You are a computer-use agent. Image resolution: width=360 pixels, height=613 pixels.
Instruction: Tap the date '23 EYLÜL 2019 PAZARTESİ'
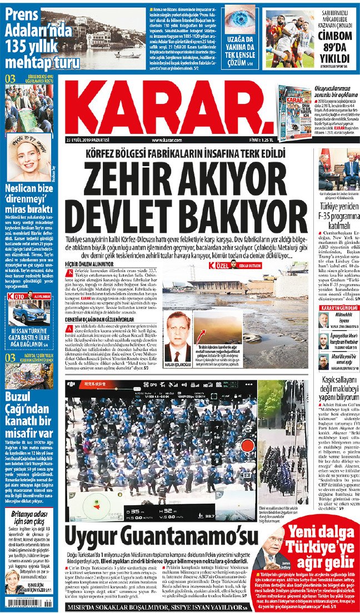(x=88, y=139)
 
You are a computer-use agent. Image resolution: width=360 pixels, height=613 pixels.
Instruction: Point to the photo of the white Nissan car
(x=27, y=314)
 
